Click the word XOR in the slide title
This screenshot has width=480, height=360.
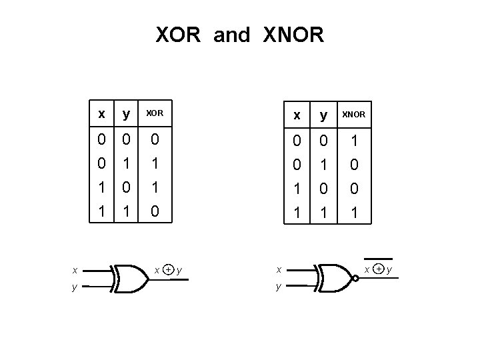(178, 35)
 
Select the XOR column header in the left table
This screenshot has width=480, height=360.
(154, 115)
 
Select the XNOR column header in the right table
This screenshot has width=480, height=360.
(353, 115)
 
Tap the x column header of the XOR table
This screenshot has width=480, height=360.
(101, 114)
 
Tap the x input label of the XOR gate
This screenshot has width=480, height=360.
(75, 270)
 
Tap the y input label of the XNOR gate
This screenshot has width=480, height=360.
(279, 287)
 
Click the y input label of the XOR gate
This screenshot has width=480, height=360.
(75, 287)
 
